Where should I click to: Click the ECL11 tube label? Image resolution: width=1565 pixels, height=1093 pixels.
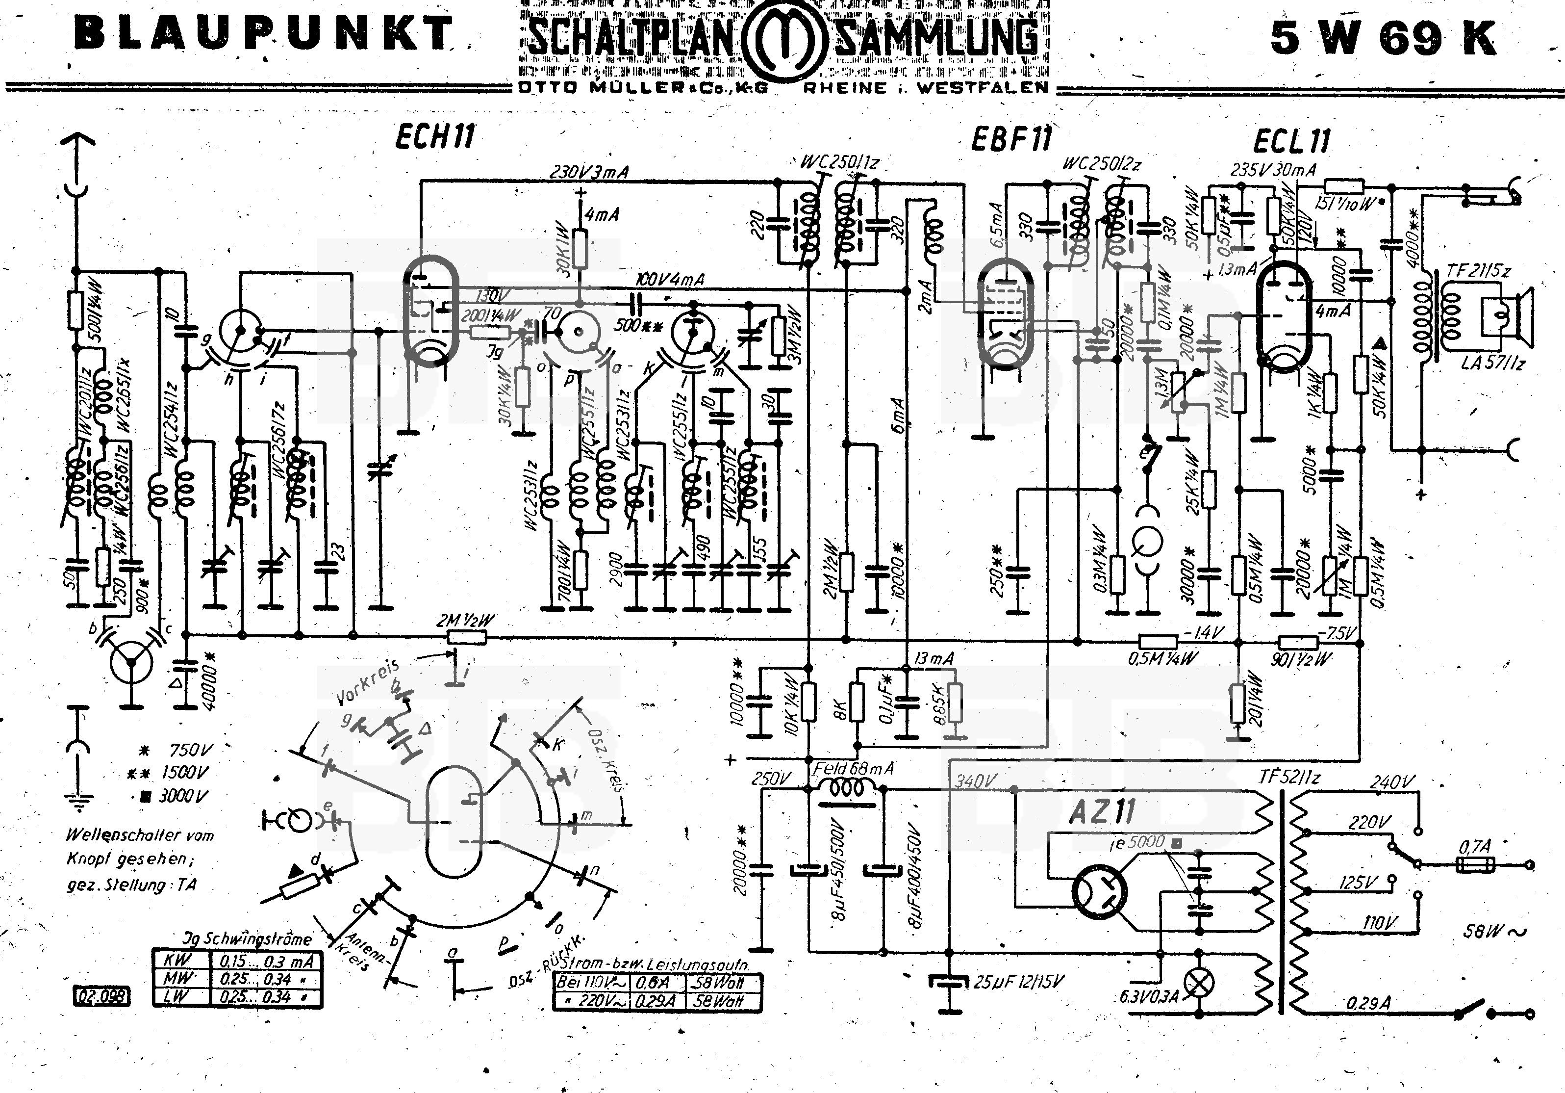[x=1292, y=141]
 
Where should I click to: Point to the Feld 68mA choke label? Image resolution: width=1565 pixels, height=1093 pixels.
[x=853, y=768]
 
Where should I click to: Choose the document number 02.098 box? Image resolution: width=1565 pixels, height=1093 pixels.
[x=101, y=996]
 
